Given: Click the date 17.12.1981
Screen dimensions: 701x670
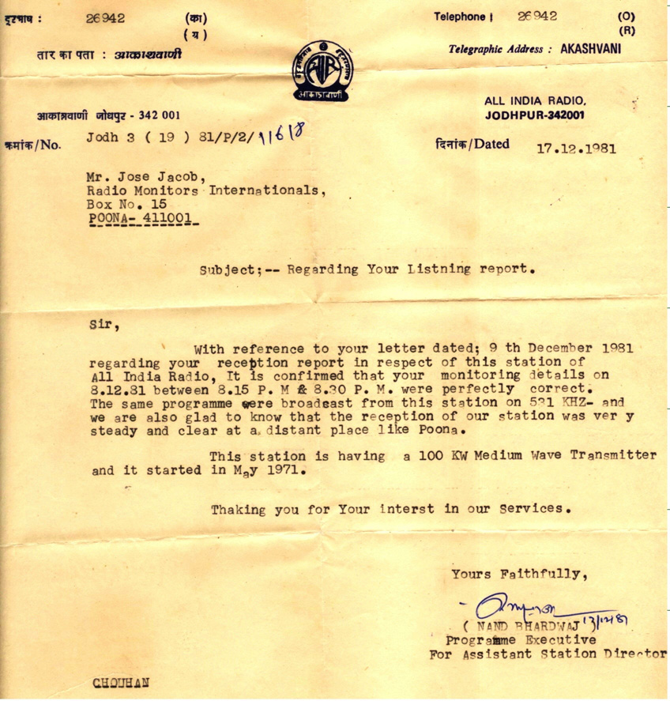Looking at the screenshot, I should [x=577, y=148].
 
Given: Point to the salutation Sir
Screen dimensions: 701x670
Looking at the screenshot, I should [x=100, y=322].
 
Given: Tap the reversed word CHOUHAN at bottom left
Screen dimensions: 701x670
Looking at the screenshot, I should [x=121, y=683].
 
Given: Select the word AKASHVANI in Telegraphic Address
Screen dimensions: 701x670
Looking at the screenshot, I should [x=591, y=48].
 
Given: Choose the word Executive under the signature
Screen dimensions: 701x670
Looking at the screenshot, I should [x=556, y=640].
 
